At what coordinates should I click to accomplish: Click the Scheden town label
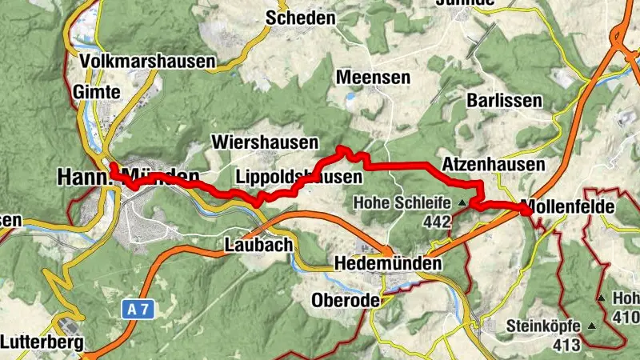[301, 18]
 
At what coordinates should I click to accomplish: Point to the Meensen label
[374, 78]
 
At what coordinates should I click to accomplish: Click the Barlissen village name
[505, 102]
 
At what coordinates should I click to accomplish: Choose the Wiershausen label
[265, 142]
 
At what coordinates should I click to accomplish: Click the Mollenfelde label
[567, 206]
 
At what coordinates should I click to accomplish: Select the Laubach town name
[259, 245]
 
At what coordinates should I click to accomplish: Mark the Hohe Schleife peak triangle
[462, 204]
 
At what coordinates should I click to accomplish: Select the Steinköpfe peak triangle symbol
[592, 326]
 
